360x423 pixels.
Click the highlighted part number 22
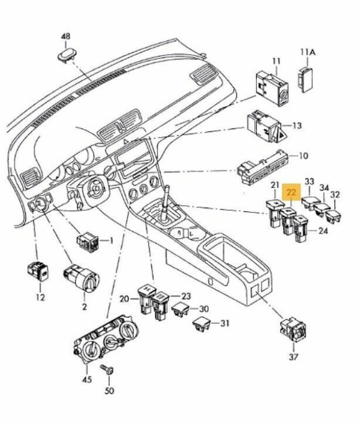[x=292, y=193]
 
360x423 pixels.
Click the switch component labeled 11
[x=272, y=88]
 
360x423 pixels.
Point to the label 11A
[x=307, y=52]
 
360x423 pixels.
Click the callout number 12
[x=40, y=296]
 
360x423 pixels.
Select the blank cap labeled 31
[x=200, y=326]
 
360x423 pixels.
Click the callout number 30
[x=203, y=308]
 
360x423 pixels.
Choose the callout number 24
[x=323, y=231]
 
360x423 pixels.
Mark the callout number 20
[x=124, y=298]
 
